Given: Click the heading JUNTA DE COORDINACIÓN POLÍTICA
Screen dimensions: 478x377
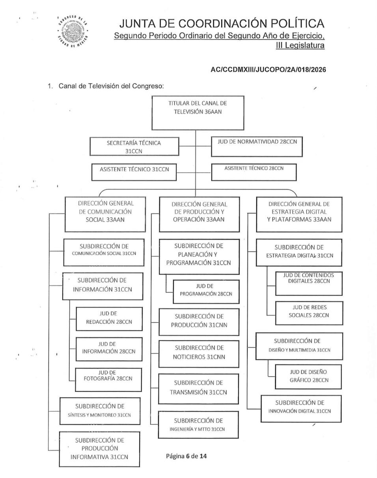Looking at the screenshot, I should tap(220, 24).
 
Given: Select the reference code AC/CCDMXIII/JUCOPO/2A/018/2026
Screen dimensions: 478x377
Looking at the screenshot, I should tap(269, 69).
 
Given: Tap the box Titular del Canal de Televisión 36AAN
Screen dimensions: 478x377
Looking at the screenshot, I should tap(198, 112).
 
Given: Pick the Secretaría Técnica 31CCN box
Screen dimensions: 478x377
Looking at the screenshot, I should tap(134, 146).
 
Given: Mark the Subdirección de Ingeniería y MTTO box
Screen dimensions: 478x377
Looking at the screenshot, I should tap(198, 425).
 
